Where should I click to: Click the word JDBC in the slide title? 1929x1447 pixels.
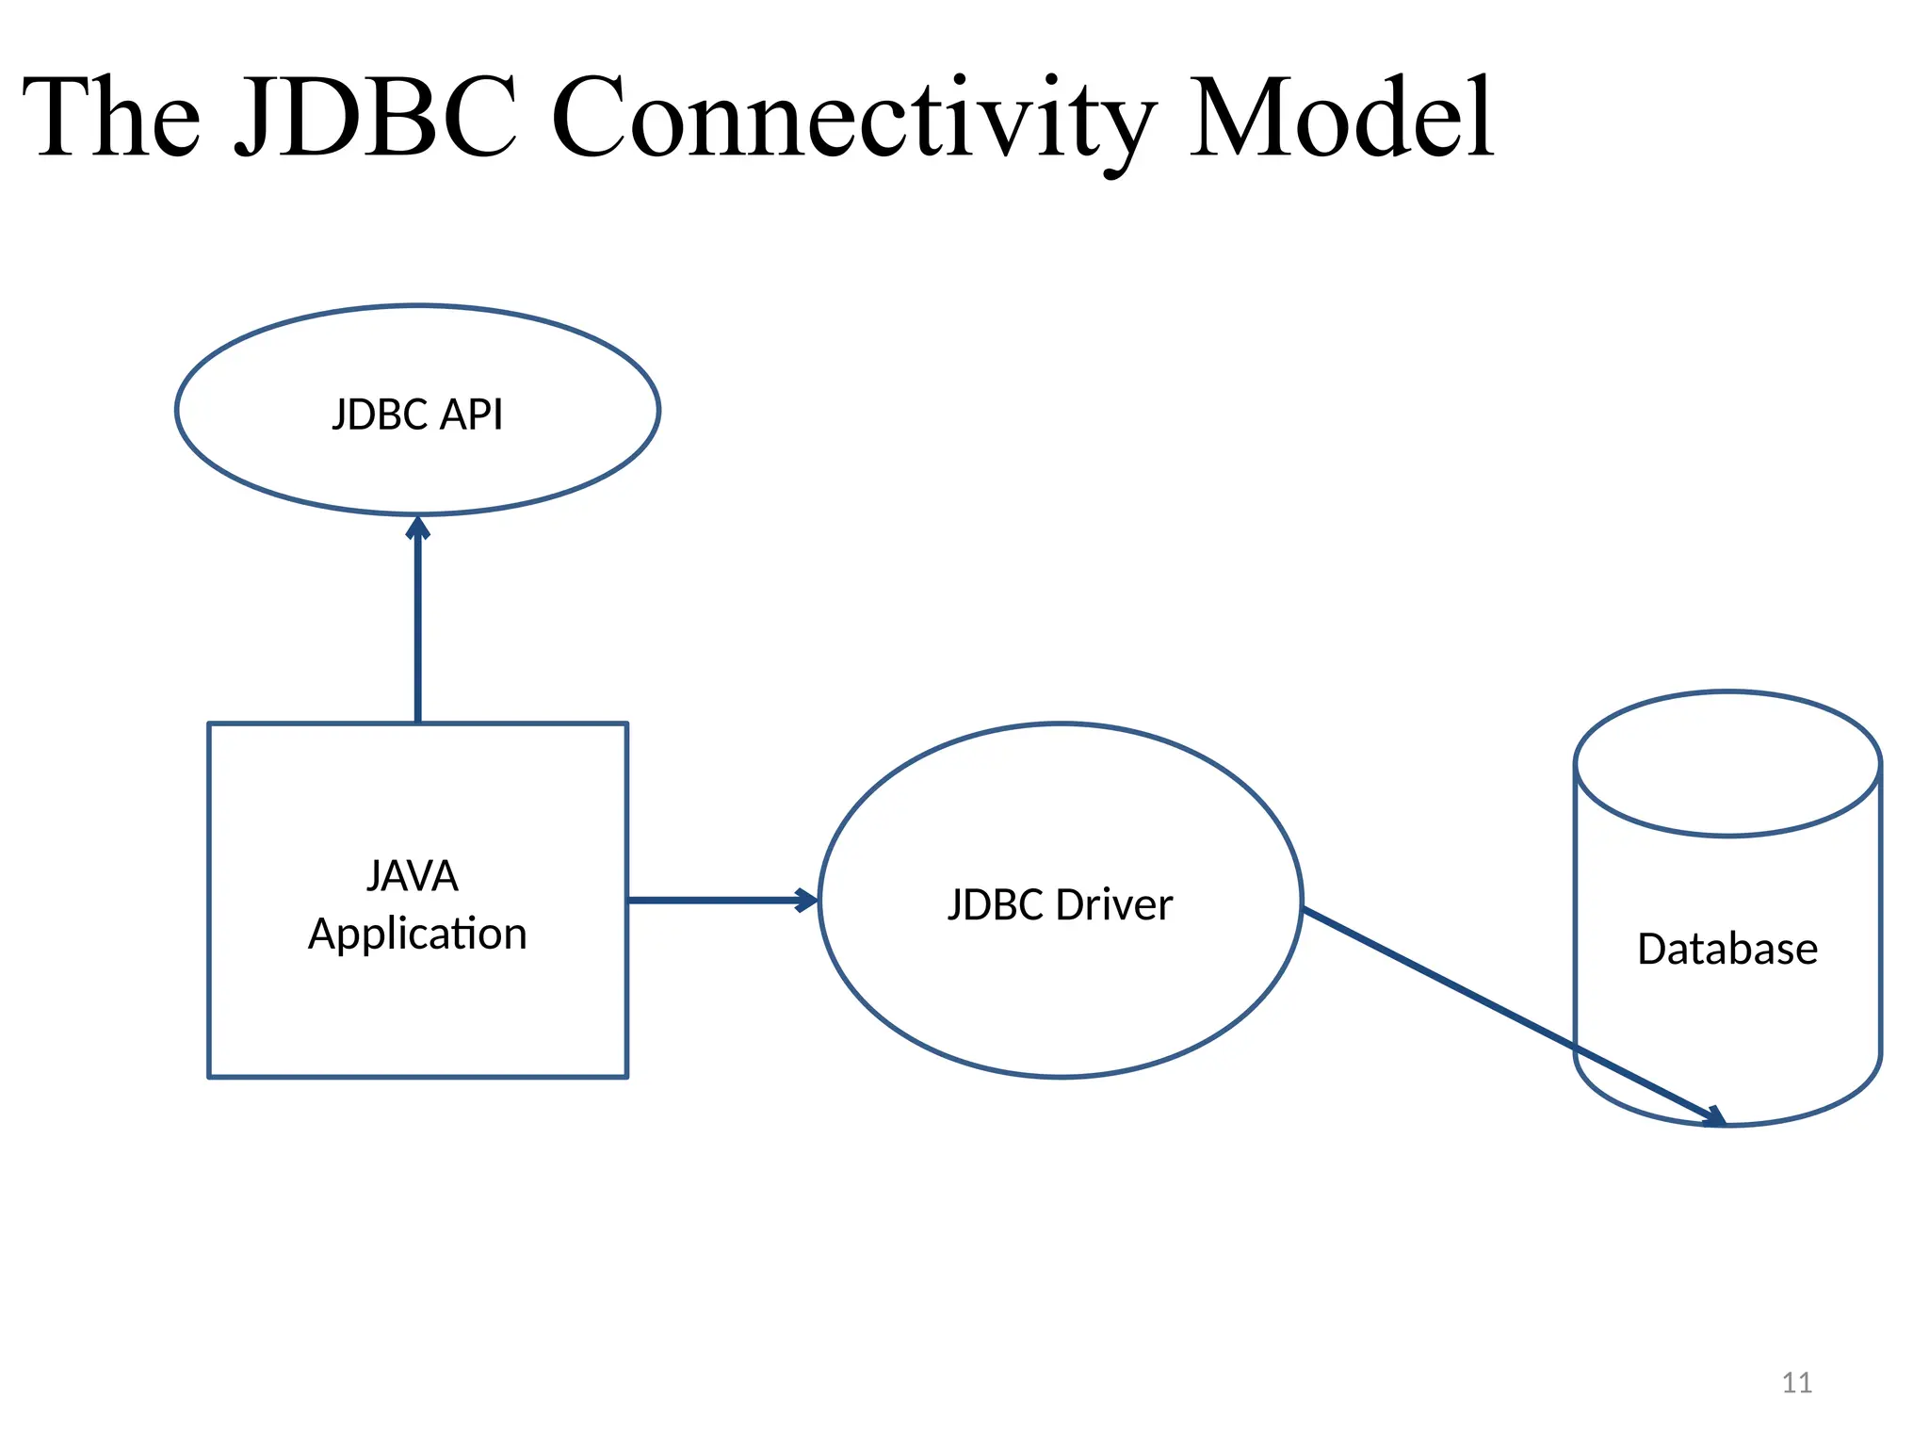pyautogui.click(x=375, y=118)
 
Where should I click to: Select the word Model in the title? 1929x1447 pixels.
pyautogui.click(x=1341, y=118)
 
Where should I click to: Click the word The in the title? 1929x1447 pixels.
pyautogui.click(x=111, y=118)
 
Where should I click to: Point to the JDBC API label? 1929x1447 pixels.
pyautogui.click(x=417, y=415)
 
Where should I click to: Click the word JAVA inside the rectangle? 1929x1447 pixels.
pyautogui.click(x=413, y=876)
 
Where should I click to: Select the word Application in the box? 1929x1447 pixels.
pyautogui.click(x=417, y=934)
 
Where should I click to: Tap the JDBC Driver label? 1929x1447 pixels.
pyautogui.click(x=1060, y=904)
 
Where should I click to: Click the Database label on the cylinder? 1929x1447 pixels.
pyautogui.click(x=1727, y=949)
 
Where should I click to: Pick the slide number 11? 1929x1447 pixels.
pyautogui.click(x=1797, y=1383)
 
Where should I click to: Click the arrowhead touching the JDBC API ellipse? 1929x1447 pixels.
pyautogui.click(x=418, y=528)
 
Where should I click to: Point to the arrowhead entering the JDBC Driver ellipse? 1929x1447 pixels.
pyautogui.click(x=805, y=900)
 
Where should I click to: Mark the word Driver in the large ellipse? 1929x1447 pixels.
pyautogui.click(x=1114, y=904)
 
